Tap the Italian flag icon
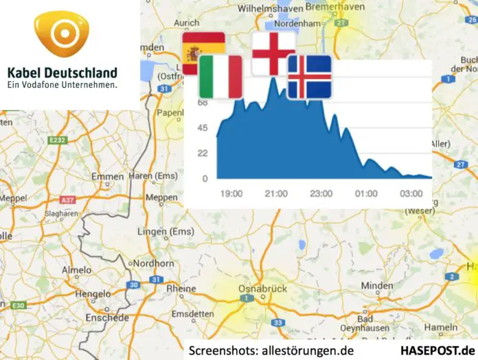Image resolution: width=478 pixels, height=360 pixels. (220, 77)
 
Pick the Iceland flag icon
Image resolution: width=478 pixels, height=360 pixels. (309, 76)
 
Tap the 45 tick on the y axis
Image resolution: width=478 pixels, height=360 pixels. (202, 128)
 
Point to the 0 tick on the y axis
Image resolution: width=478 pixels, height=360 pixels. (205, 179)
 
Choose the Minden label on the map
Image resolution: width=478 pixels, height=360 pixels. (378, 285)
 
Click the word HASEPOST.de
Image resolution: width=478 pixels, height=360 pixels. (437, 350)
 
